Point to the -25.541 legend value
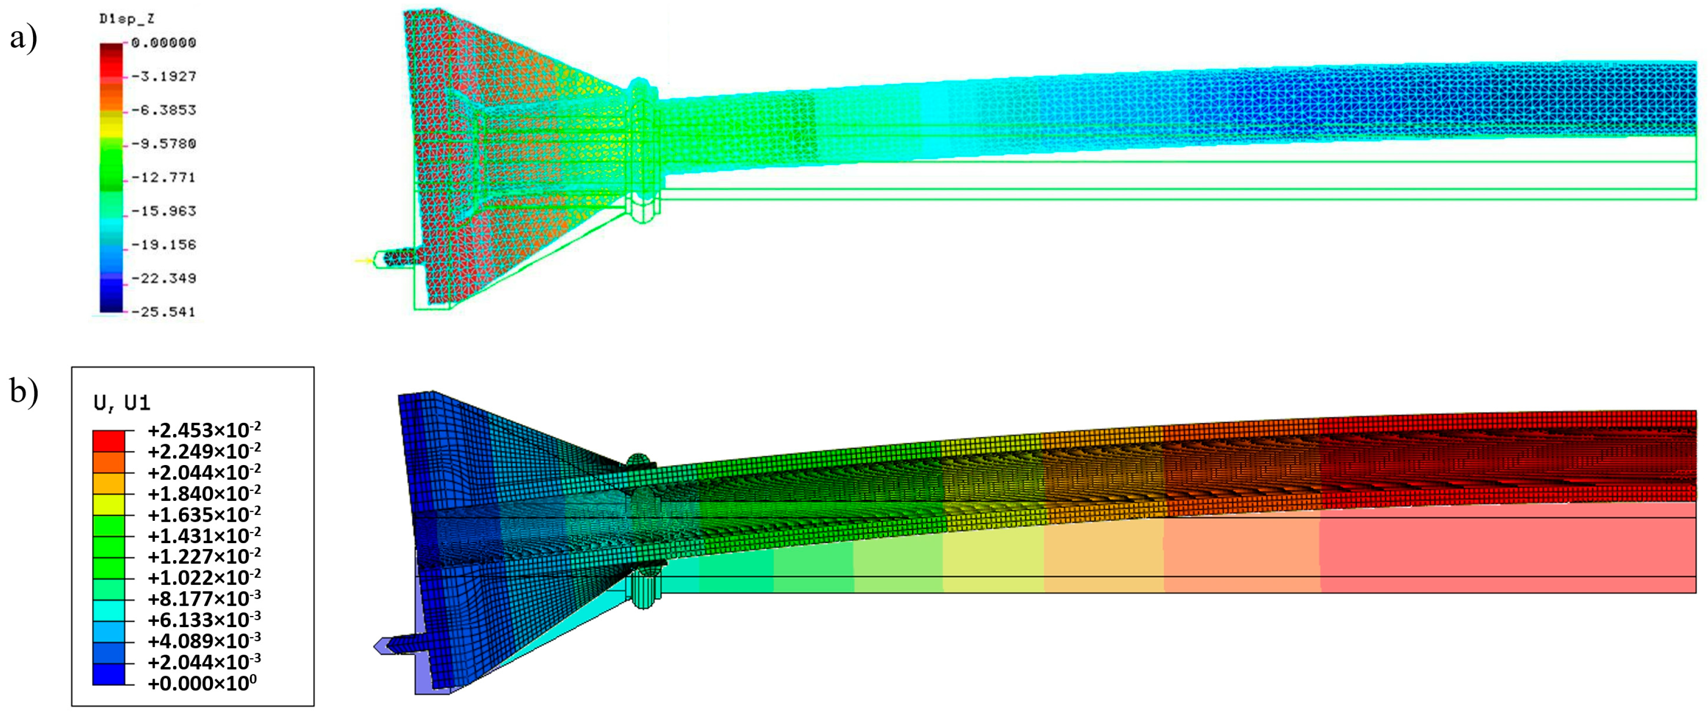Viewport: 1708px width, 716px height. [163, 312]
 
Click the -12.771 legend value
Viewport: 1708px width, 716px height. [163, 177]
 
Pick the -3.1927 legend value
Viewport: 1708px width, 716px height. [163, 76]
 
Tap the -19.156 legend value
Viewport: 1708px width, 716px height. [163, 245]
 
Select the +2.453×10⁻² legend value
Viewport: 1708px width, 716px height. [204, 430]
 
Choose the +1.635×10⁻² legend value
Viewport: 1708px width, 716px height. [204, 514]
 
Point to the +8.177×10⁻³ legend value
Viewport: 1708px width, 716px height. [204, 599]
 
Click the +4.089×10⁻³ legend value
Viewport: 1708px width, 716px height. [204, 641]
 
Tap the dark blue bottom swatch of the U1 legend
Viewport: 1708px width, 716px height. [109, 674]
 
